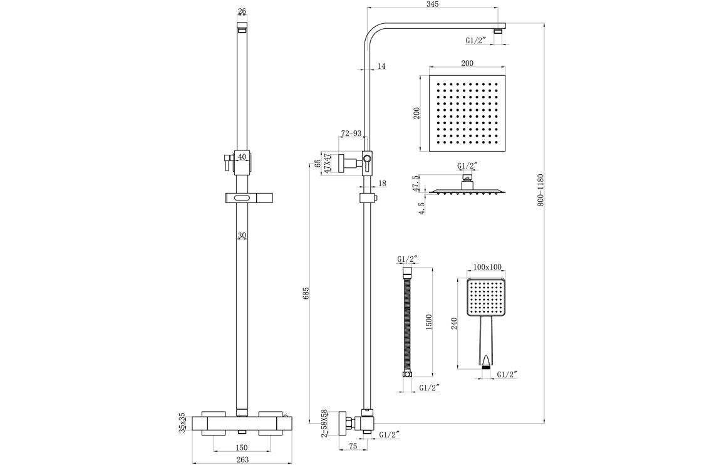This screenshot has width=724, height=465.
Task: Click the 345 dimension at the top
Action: [432, 4]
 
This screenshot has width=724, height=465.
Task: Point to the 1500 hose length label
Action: [429, 321]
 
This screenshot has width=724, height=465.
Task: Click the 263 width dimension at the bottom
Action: [242, 459]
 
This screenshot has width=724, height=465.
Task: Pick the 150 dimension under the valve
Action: [242, 447]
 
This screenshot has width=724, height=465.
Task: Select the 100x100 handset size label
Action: [487, 268]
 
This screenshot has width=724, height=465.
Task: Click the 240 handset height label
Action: [455, 323]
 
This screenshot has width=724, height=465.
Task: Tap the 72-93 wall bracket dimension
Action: [350, 133]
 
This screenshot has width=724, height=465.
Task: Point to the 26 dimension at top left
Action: [242, 11]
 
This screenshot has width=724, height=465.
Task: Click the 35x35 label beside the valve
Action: [182, 422]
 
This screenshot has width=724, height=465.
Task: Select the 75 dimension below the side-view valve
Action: [352, 447]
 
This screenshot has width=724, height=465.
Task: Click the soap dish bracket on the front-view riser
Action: [242, 199]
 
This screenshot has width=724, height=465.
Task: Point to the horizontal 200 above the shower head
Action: [467, 63]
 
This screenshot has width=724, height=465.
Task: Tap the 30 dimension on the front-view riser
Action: [242, 236]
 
